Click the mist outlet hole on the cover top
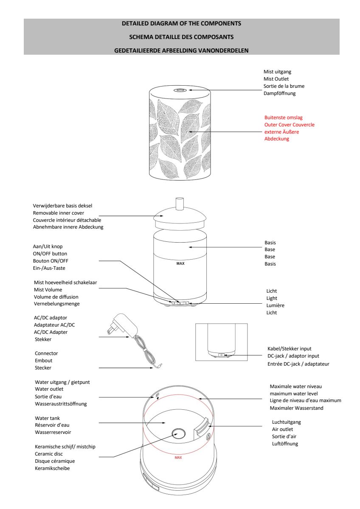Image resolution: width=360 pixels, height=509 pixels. tap(179, 90)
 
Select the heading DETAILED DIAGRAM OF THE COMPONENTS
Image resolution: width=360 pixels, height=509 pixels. tap(181, 23)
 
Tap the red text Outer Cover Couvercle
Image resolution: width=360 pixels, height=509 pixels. tap(289, 125)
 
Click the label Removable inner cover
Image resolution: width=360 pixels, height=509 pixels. tap(61, 213)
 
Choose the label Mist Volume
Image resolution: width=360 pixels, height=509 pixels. tap(48, 290)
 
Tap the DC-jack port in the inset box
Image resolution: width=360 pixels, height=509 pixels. tap(221, 355)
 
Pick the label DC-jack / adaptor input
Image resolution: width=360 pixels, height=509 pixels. tap(293, 356)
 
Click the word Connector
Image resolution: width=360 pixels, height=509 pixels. tap(46, 353)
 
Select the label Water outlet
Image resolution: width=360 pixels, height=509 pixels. tap(49, 389)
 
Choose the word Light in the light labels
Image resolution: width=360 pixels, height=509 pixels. tap(272, 298)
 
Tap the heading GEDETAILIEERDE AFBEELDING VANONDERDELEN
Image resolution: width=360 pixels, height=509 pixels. tap(181, 50)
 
